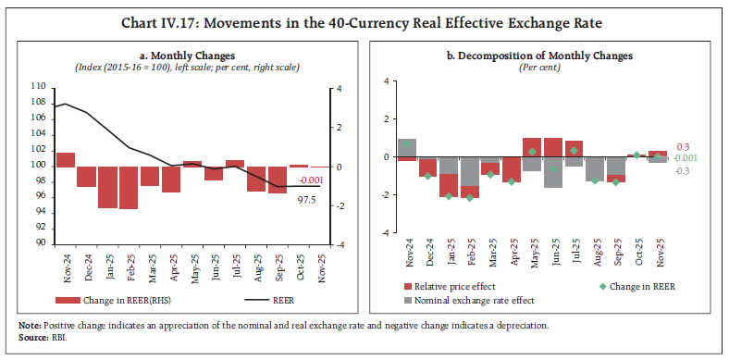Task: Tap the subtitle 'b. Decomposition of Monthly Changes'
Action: tap(539, 56)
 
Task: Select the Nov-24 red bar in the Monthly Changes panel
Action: tap(66, 160)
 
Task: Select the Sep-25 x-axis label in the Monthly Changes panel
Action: tap(276, 266)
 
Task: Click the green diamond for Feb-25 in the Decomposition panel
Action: tap(469, 197)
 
